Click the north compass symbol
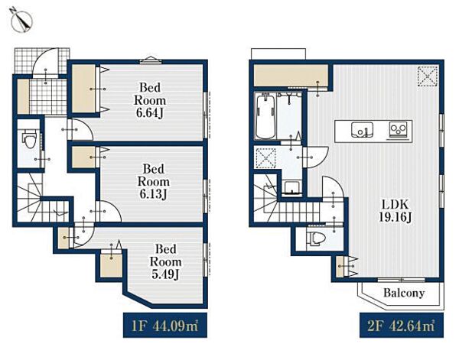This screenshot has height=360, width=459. click(x=21, y=21)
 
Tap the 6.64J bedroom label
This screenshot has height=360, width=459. click(x=150, y=99)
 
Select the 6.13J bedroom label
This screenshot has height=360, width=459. click(x=154, y=181)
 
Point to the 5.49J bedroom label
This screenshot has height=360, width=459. click(x=166, y=261)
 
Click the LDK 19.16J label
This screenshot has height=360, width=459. click(x=396, y=210)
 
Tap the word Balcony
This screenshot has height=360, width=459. click(x=404, y=293)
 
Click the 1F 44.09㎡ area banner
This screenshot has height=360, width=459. click(x=165, y=325)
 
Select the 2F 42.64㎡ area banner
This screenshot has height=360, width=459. click(x=402, y=325)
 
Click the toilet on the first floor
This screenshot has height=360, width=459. click(x=29, y=140)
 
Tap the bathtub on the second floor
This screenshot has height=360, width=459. click(x=265, y=116)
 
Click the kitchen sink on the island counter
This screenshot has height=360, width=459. click(x=363, y=129)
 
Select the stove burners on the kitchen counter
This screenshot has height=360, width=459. click(x=398, y=129)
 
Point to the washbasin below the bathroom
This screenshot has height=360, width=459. click(x=291, y=187)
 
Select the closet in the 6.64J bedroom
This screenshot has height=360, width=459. click(x=83, y=89)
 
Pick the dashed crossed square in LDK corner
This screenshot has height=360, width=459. click(x=428, y=76)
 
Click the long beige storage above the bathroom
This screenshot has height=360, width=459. click(x=291, y=76)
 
